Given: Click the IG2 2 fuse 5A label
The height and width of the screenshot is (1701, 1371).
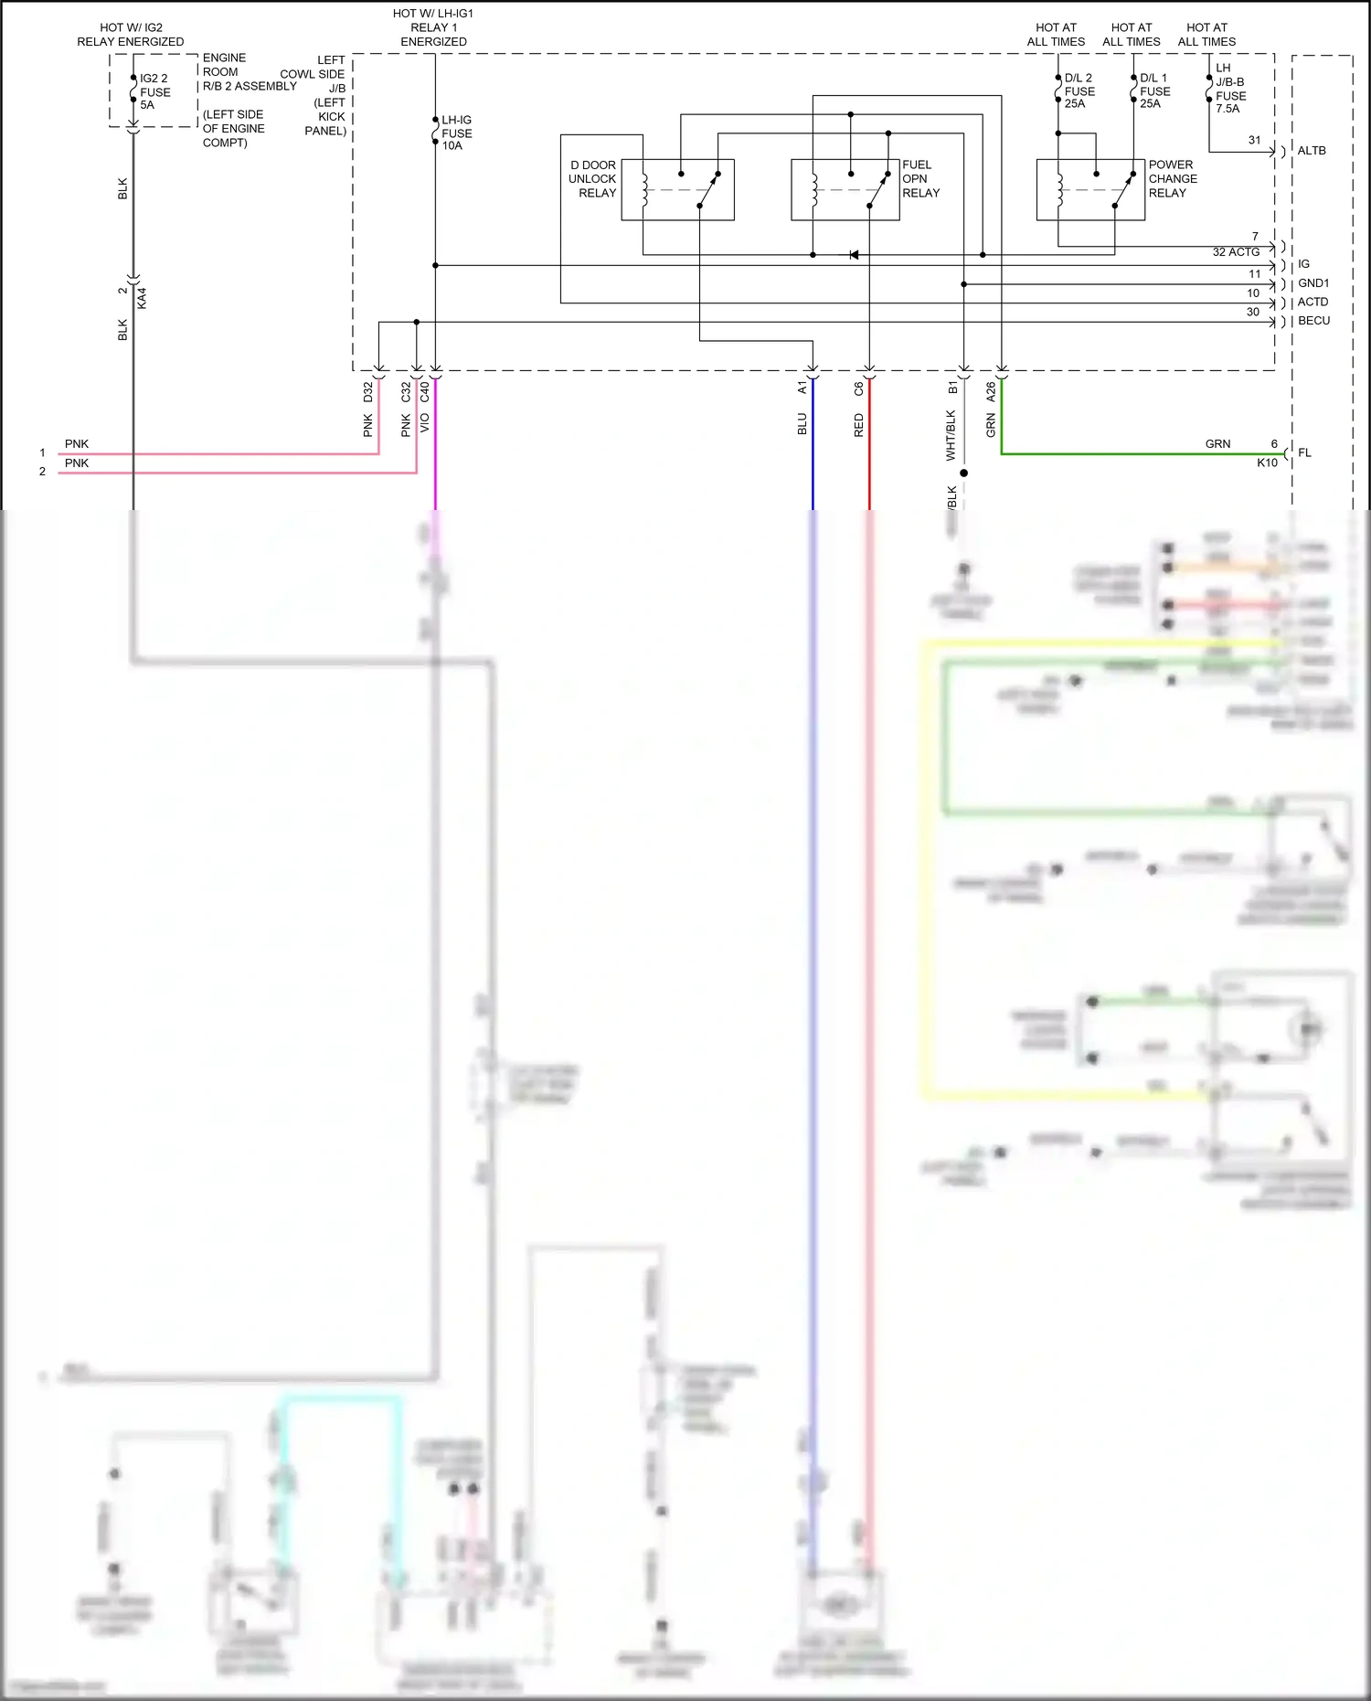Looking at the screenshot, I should point(154,91).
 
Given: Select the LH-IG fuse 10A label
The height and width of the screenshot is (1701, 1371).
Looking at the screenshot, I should point(456,133).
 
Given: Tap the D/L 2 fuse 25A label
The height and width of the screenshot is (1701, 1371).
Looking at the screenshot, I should point(1079,90).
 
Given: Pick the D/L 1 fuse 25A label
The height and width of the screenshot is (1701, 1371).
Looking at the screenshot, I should point(1154,90).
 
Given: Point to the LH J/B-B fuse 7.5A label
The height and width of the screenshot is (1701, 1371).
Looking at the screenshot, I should point(1230,88).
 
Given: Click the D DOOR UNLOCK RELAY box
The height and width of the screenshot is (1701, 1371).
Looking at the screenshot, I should point(677,190).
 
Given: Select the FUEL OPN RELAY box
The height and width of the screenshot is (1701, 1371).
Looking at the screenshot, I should point(845,190).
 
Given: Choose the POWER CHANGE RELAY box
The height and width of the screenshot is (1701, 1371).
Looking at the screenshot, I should point(1090,190).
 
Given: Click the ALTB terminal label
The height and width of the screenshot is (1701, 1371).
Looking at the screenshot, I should point(1312,151).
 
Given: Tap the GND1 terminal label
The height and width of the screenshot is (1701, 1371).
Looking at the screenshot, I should point(1313,283).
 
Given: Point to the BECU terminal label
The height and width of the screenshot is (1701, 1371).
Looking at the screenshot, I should point(1313,321).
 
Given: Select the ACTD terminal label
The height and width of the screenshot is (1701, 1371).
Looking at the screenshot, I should point(1313,302).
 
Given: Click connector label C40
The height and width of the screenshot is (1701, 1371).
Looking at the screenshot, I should point(425,391).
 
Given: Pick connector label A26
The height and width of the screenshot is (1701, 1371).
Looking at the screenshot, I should point(992,391).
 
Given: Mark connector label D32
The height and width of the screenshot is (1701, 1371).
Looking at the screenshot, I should point(368,391).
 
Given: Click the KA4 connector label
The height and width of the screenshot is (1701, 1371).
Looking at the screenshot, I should point(142,298).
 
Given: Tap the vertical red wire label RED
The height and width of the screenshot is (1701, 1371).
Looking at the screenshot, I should point(859,425).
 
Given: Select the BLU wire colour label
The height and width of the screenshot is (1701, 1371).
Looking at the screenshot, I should point(802,424).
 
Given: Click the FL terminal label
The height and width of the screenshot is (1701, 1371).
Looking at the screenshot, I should point(1304,452).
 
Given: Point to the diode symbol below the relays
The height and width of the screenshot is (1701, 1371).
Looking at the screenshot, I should point(854,255).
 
